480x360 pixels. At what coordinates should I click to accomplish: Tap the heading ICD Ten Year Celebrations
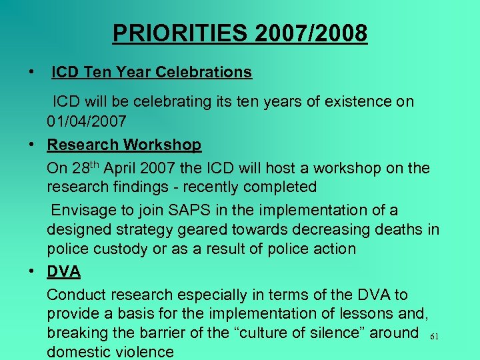tap(151, 72)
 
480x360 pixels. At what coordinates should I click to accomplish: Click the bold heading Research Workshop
tap(124, 145)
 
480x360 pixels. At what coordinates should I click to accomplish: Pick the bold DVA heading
tap(63, 271)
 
